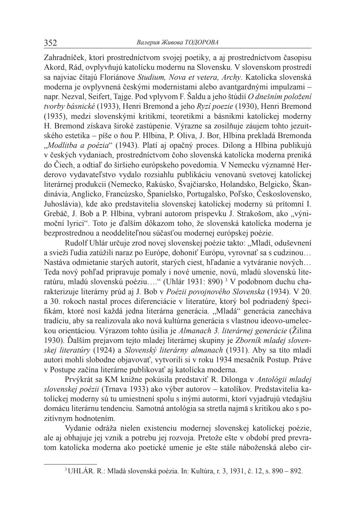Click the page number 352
click(x=51, y=43)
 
